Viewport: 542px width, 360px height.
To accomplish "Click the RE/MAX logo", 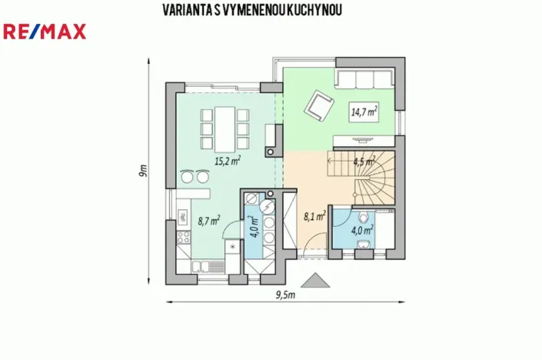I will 45,32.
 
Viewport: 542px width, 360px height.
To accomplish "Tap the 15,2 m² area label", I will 227,161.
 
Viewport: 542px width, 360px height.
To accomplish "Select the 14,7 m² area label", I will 364,112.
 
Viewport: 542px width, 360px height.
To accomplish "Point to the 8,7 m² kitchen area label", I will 208,221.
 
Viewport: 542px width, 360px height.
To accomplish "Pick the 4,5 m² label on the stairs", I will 363,162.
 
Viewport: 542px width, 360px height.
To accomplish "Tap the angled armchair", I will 319,105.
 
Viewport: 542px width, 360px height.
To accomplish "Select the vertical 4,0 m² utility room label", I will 254,227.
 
